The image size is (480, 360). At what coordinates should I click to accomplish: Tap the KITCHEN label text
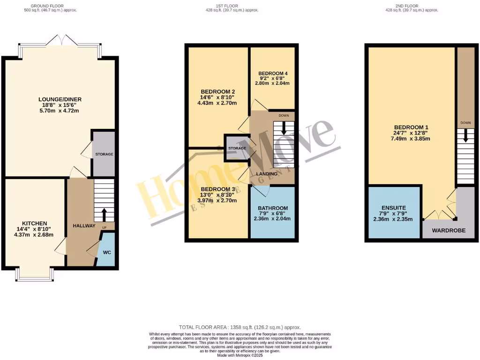coord(35,223)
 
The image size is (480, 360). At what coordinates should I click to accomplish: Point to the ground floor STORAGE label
coord(104,154)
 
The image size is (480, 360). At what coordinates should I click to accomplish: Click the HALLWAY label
coord(84,226)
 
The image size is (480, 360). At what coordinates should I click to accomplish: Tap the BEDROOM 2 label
coord(217,91)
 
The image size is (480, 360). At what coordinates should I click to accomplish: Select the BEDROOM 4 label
coord(272,74)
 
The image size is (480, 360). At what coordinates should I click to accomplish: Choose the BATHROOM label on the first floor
coord(272,208)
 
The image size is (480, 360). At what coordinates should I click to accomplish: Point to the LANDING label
coord(266,174)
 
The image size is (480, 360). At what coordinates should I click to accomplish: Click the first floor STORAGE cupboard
coord(237,148)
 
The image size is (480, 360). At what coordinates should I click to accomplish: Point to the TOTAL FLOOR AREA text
coord(240,327)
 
